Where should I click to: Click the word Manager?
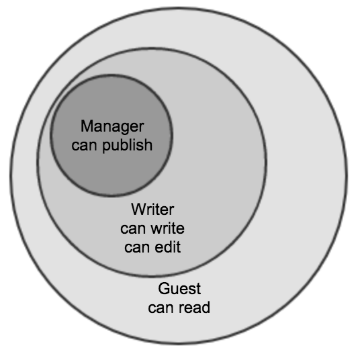(112, 127)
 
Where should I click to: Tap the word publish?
(127, 145)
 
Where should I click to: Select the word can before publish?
(84, 146)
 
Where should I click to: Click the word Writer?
(152, 210)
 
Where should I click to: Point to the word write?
(167, 228)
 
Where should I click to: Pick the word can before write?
(133, 230)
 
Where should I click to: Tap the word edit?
(168, 247)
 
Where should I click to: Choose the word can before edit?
(137, 248)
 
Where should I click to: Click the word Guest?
(179, 289)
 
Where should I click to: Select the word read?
(194, 308)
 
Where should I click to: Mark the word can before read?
(161, 309)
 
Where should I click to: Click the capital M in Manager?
(87, 126)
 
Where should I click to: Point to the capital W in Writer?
(140, 210)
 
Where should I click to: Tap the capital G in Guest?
(165, 289)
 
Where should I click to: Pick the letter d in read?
(206, 308)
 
